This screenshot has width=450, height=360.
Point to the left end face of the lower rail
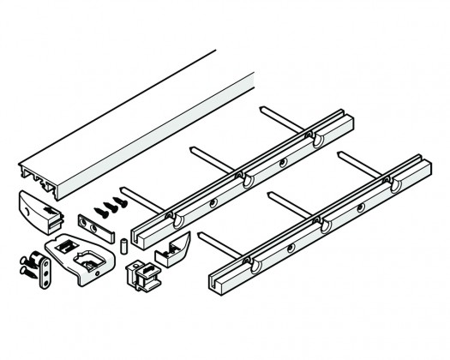216,279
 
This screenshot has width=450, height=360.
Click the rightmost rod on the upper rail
283,120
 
